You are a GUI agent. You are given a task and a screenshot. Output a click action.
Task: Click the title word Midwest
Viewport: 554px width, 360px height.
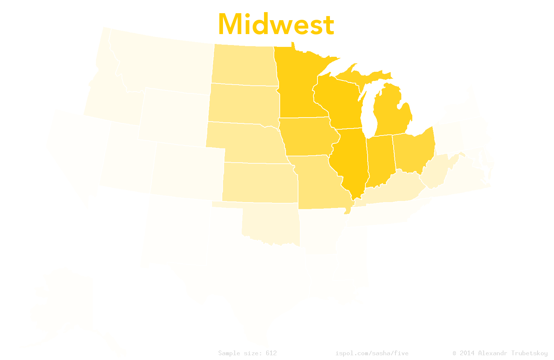276,25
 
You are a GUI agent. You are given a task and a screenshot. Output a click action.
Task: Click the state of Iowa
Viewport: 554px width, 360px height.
308,136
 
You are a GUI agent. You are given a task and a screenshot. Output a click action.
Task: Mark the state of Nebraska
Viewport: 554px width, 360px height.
245,143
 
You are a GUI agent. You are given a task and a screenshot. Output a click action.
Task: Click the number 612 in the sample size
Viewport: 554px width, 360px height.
271,353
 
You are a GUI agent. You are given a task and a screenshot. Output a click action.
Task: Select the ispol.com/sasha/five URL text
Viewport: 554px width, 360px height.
372,353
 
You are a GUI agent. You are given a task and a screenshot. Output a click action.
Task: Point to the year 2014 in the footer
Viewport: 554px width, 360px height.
467,353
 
